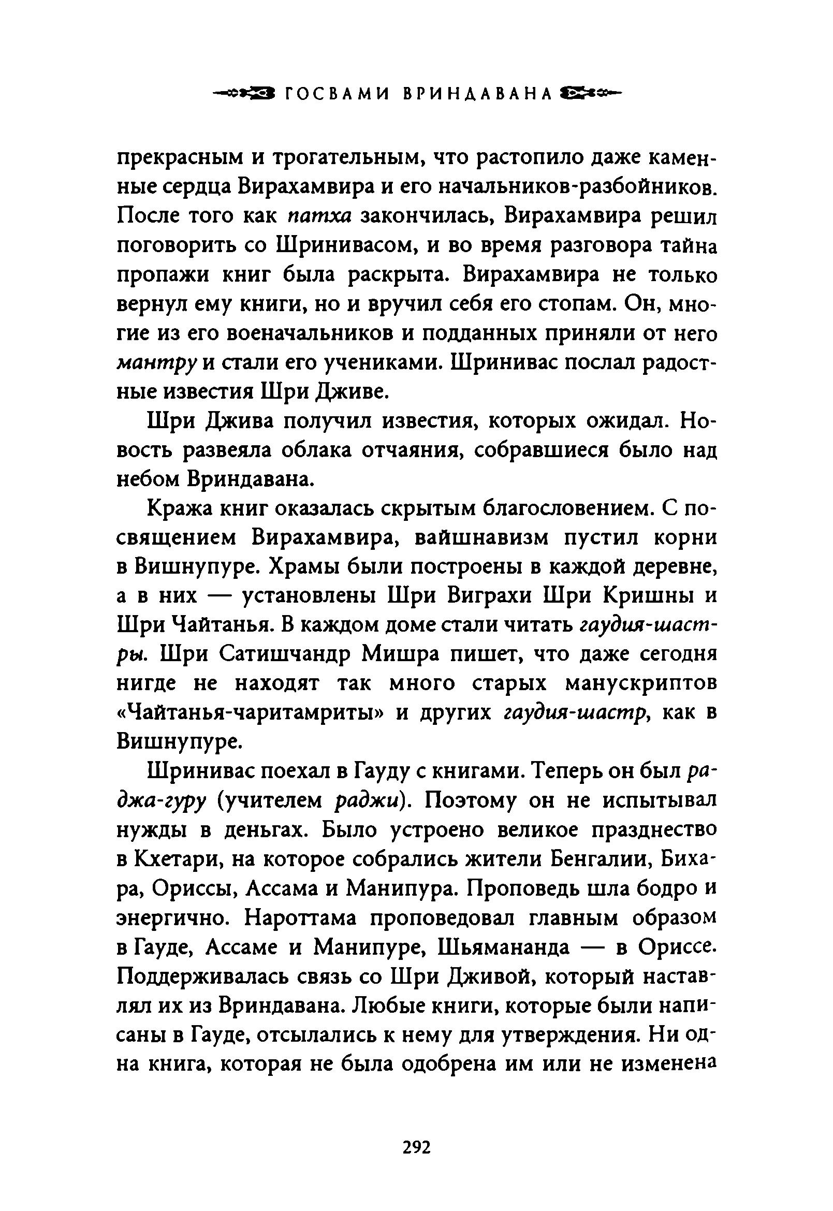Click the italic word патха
pyautogui.click(x=320, y=216)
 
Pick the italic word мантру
pyautogui.click(x=155, y=363)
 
